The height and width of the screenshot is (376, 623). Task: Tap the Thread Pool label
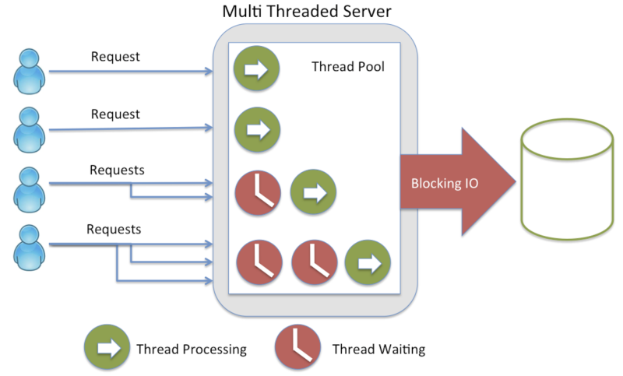[x=348, y=67]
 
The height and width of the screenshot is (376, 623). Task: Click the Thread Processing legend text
[x=191, y=349]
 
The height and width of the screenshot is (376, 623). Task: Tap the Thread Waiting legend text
[x=378, y=349]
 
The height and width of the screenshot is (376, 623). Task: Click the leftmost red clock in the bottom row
[x=258, y=262]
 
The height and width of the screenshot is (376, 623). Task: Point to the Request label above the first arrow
[x=115, y=57]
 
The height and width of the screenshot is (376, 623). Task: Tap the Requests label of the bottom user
[x=114, y=230]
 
